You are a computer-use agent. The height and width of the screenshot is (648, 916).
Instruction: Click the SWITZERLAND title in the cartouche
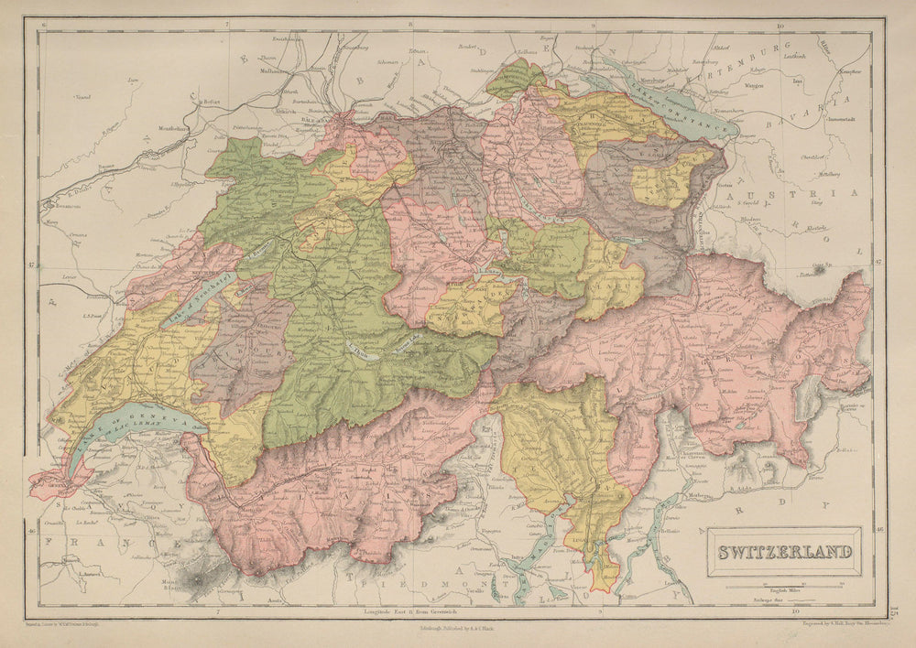point(784,553)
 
